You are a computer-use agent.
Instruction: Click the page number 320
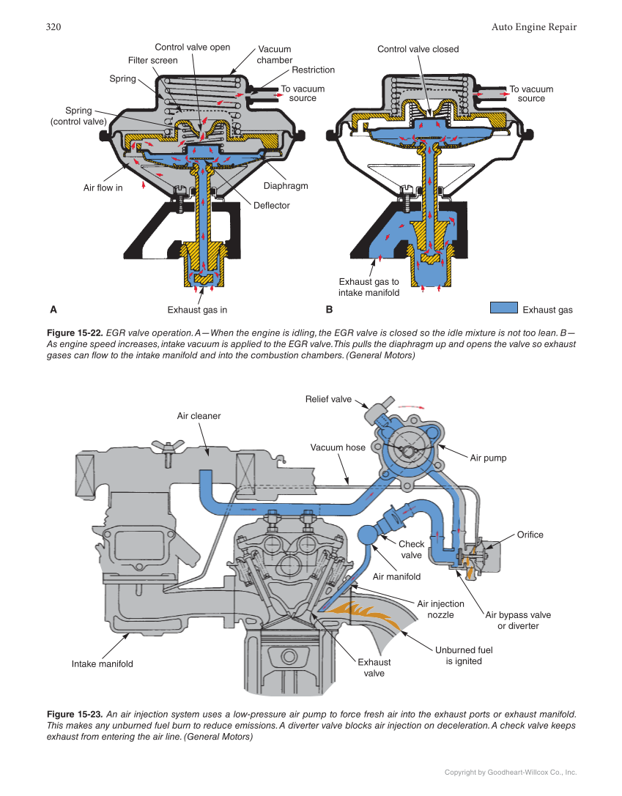click(x=53, y=27)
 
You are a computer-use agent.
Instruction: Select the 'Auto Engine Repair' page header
click(x=533, y=27)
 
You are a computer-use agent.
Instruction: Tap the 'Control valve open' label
click(x=192, y=48)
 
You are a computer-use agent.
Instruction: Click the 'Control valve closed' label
click(x=418, y=49)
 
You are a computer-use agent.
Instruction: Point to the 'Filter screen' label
click(x=152, y=61)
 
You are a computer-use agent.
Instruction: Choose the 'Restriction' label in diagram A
click(x=313, y=70)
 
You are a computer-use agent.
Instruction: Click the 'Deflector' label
click(x=271, y=206)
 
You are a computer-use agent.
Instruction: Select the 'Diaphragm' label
click(x=285, y=186)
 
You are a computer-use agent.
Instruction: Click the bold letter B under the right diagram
click(x=329, y=310)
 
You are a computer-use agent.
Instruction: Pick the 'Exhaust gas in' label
click(x=197, y=310)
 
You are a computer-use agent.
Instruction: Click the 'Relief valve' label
click(x=328, y=400)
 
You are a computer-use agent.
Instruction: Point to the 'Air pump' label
click(x=488, y=458)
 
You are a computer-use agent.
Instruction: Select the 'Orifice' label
click(x=530, y=535)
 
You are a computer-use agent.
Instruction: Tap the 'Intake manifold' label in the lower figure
click(x=102, y=664)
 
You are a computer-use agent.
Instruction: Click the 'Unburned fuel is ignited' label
click(x=464, y=655)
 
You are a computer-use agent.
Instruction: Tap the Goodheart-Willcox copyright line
click(x=511, y=772)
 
